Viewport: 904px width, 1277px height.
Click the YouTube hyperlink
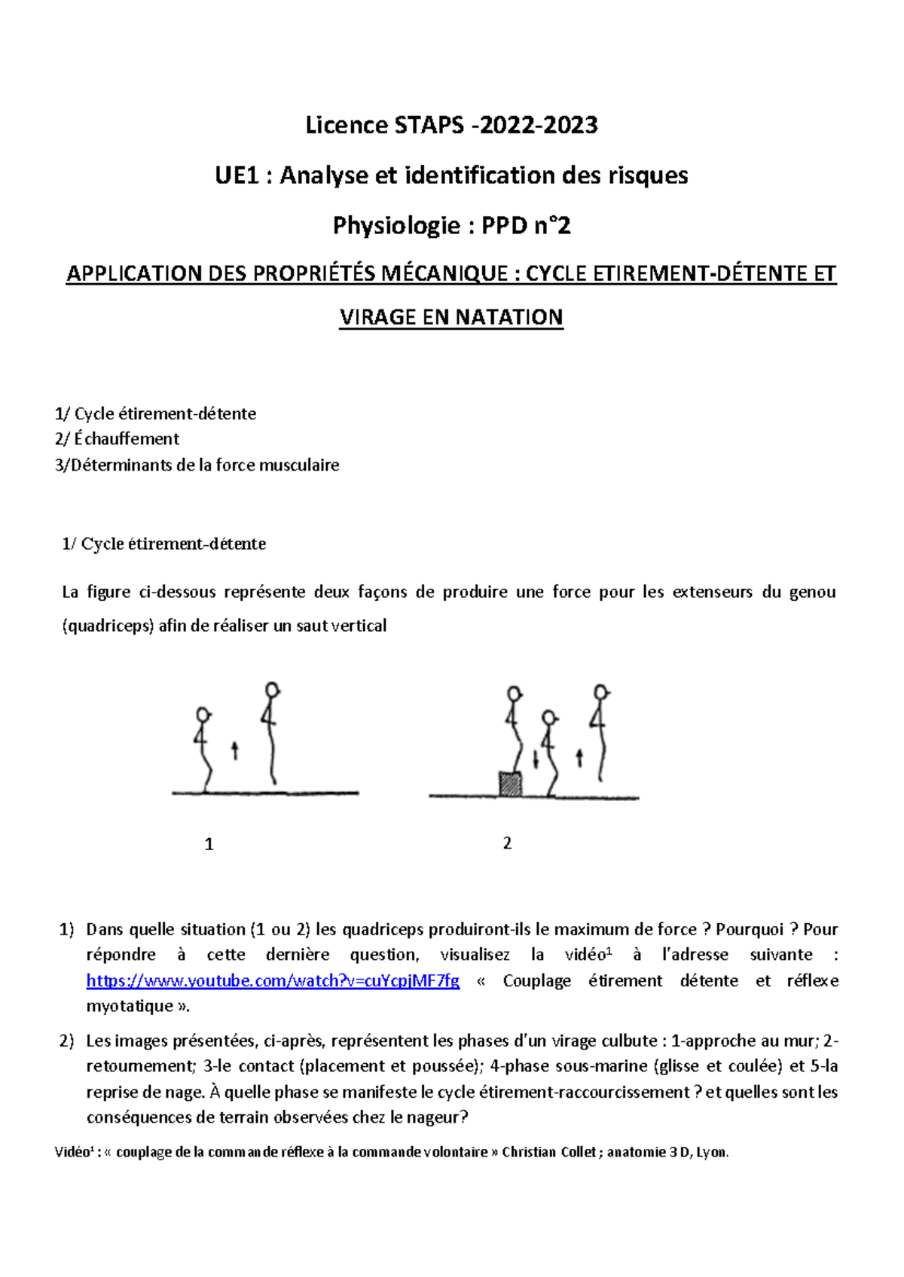click(273, 980)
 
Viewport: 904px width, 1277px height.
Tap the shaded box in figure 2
click(511, 784)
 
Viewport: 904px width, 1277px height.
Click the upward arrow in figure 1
click(235, 750)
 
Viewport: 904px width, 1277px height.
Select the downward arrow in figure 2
click(536, 759)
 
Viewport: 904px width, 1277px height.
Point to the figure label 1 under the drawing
click(209, 844)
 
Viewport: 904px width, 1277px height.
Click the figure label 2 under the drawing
click(507, 843)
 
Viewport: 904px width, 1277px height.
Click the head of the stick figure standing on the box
click(515, 693)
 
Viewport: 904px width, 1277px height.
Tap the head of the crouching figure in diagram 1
click(202, 714)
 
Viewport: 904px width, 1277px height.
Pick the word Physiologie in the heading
click(396, 225)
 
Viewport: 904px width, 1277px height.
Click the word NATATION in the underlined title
click(508, 317)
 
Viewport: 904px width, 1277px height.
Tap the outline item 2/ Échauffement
click(117, 439)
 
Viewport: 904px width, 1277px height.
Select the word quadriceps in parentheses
click(108, 626)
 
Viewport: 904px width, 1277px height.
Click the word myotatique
click(130, 1006)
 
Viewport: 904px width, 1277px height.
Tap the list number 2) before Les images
click(66, 1041)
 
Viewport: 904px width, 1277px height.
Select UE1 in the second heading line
click(237, 175)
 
